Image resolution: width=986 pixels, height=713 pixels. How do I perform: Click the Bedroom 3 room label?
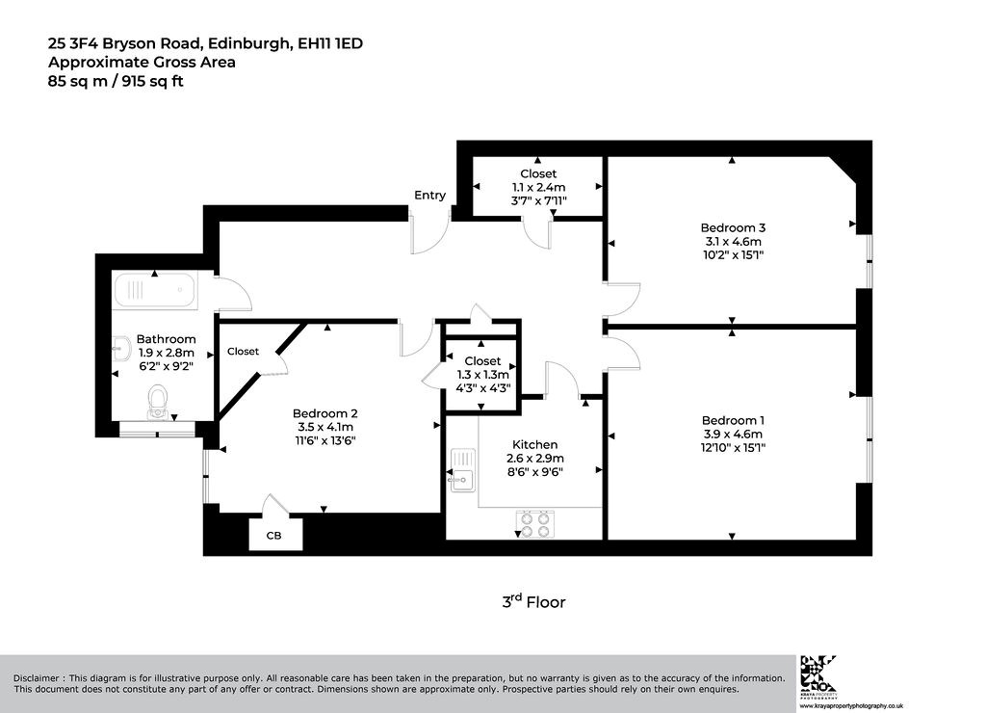[x=733, y=227]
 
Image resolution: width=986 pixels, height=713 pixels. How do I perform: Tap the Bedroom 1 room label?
[x=733, y=420]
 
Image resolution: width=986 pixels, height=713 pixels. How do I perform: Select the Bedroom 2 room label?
[x=325, y=413]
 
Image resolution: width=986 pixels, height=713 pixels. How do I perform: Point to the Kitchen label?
[x=534, y=445]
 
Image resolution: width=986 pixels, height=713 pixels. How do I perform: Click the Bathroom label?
[x=166, y=339]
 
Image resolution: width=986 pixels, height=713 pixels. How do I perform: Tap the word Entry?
[x=429, y=196]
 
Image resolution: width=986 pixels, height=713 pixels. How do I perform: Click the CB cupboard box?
[x=275, y=534]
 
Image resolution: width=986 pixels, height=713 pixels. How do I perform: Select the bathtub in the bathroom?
[x=155, y=290]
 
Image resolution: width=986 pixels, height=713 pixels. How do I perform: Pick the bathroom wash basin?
[x=121, y=348]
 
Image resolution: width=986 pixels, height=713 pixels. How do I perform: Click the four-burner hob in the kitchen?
[x=535, y=524]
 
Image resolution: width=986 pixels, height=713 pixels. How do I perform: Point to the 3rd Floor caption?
[x=533, y=601]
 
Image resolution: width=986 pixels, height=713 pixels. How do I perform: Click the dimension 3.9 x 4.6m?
[x=733, y=435]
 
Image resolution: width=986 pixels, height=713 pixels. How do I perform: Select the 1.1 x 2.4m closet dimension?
[x=538, y=187]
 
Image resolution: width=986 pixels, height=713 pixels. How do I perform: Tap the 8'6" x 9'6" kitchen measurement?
[x=535, y=472]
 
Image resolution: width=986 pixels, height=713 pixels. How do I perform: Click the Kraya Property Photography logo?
[x=817, y=676]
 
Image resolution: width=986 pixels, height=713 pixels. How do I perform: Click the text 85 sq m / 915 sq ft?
[x=116, y=81]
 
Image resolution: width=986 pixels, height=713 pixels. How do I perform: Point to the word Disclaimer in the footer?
[x=37, y=678]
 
